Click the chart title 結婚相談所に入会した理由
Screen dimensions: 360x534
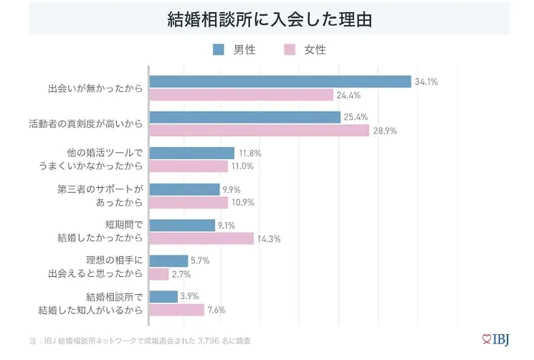coord(269,19)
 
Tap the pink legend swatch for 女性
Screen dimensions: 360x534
coord(290,49)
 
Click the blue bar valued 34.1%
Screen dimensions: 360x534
coord(280,82)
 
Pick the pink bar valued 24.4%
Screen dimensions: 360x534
coord(242,95)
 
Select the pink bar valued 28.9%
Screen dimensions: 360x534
coord(259,131)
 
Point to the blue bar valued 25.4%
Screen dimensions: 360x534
coord(244,117)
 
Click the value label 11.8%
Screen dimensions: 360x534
coord(249,153)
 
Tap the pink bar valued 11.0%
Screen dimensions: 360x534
coord(189,166)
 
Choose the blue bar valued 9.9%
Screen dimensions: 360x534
coord(184,189)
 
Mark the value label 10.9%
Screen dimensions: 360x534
coord(243,202)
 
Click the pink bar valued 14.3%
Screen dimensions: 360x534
coord(201,238)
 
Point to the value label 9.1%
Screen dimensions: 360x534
coord(227,224)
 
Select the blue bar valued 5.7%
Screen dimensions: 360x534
coord(168,261)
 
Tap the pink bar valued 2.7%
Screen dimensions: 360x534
coord(159,274)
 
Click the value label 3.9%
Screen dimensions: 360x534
coord(190,296)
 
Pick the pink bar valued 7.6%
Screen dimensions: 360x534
coord(177,310)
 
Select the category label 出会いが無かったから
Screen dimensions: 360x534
coord(95,88)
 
